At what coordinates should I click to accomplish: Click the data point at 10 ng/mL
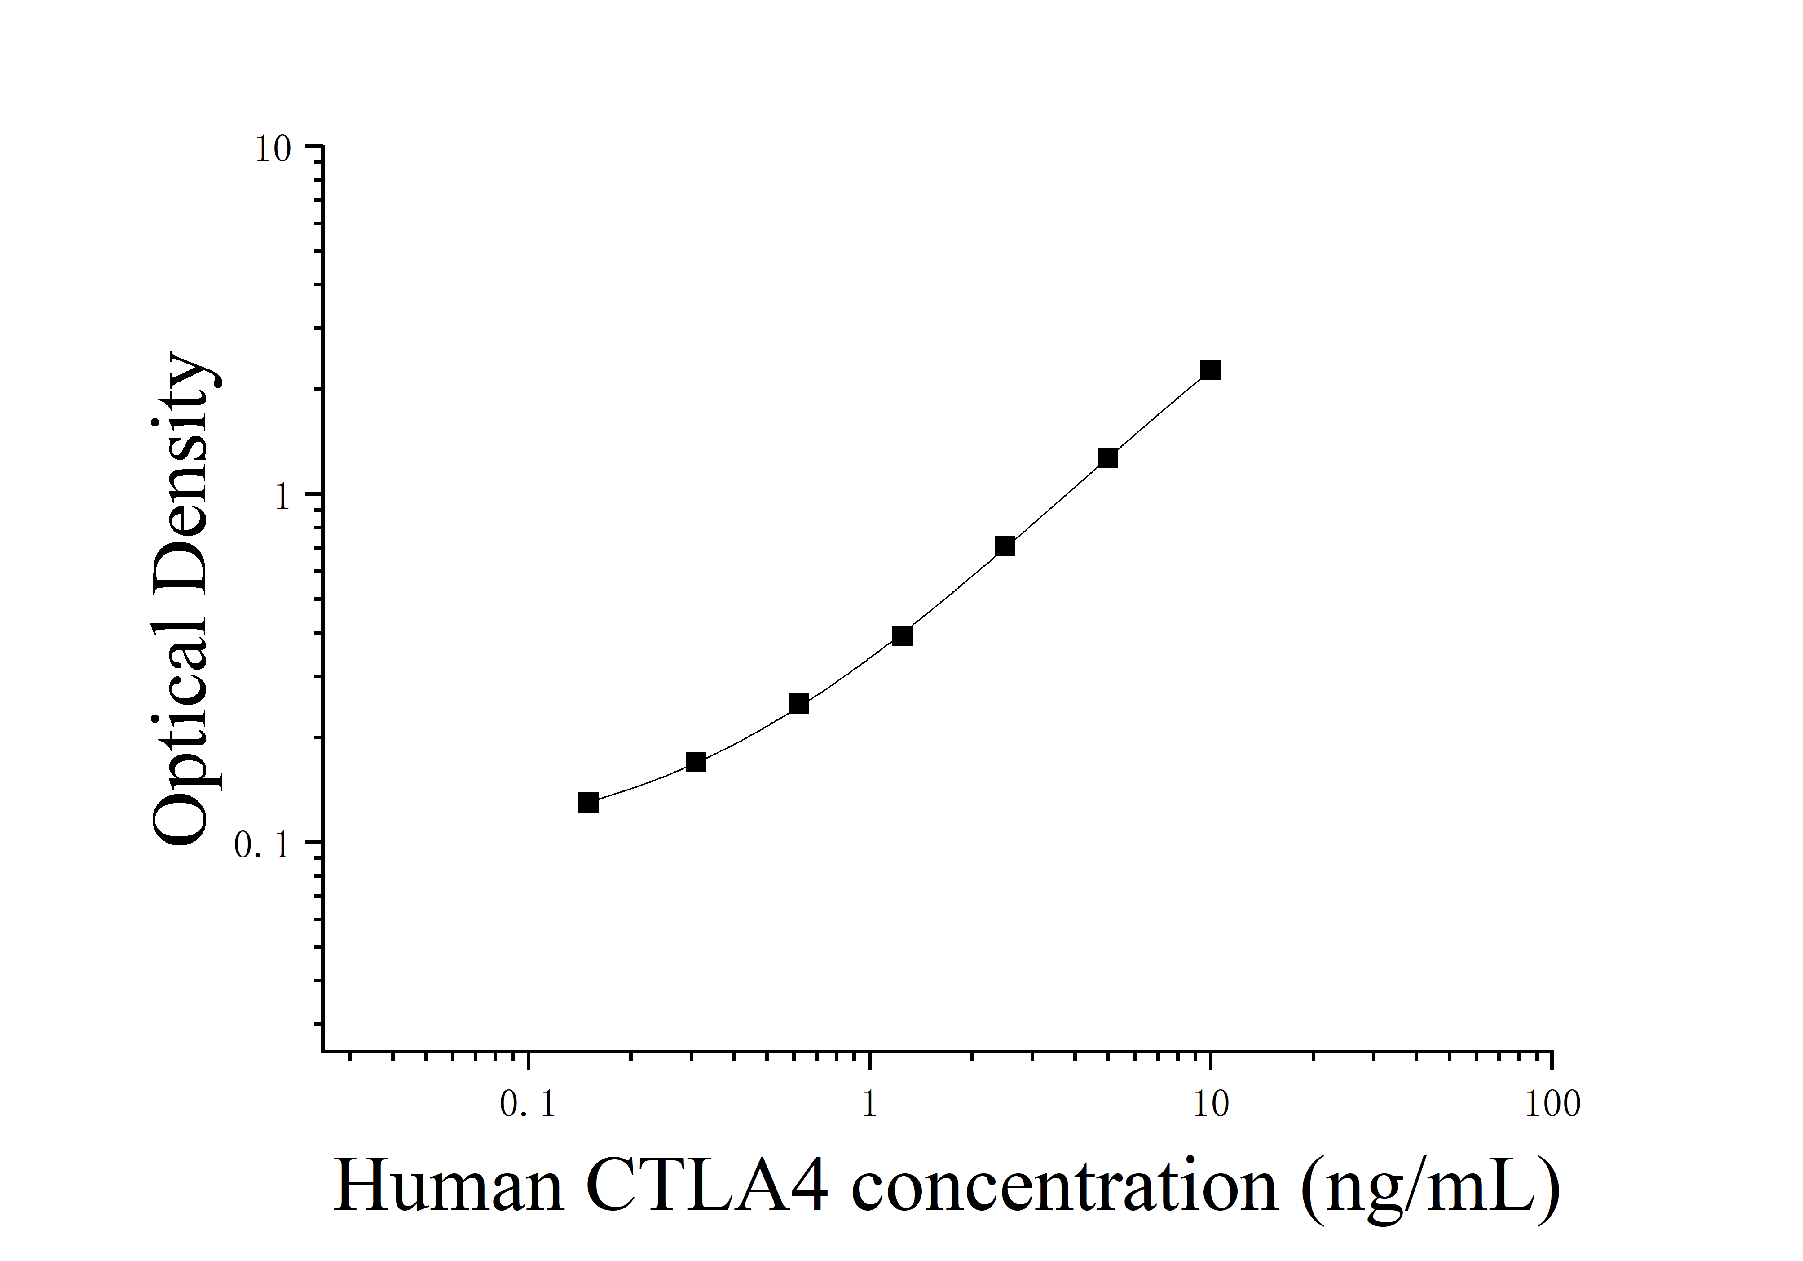point(1211,370)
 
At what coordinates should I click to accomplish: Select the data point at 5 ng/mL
point(1108,458)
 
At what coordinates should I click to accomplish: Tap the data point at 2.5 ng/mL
point(1005,546)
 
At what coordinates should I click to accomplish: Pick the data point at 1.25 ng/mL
point(902,636)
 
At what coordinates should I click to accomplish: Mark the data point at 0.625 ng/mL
point(798,704)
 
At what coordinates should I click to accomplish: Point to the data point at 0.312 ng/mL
point(696,762)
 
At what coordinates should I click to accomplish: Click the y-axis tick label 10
point(273,149)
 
